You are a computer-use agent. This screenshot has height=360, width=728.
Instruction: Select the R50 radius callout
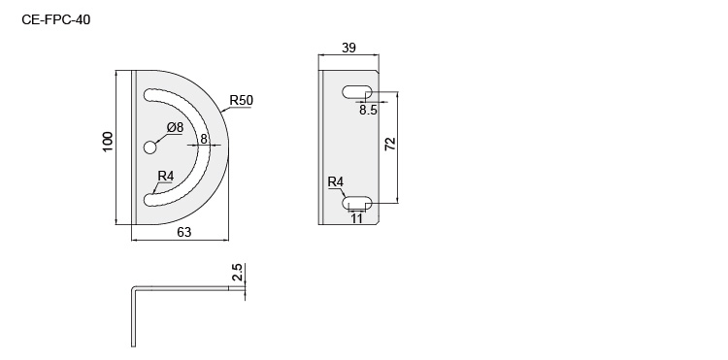(x=242, y=100)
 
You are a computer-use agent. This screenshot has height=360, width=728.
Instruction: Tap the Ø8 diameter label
(x=175, y=127)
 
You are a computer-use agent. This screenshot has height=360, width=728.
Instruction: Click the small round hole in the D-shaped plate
(x=150, y=147)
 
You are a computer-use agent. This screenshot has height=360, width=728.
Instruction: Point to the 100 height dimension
(x=108, y=142)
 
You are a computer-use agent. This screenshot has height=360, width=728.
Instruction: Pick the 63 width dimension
(x=182, y=231)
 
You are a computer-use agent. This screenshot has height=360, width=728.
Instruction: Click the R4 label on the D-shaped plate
(x=165, y=176)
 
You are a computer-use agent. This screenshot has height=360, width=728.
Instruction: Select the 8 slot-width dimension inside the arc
(x=204, y=138)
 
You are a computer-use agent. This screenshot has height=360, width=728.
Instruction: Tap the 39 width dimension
(x=348, y=48)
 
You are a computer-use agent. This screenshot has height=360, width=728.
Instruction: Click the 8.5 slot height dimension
(x=368, y=111)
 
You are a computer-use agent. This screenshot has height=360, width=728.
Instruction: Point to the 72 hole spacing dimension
(x=389, y=146)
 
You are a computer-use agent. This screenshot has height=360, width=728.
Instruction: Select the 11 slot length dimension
(x=357, y=219)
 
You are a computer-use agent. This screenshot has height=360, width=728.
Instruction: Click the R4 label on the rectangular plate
(x=335, y=182)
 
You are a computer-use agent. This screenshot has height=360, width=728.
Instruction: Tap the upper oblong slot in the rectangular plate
(x=357, y=92)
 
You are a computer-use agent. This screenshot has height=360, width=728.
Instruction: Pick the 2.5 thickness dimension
(x=236, y=274)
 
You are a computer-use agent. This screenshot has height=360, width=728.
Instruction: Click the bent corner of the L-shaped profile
(x=134, y=289)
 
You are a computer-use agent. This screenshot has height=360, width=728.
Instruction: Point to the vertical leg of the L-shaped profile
(x=132, y=320)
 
